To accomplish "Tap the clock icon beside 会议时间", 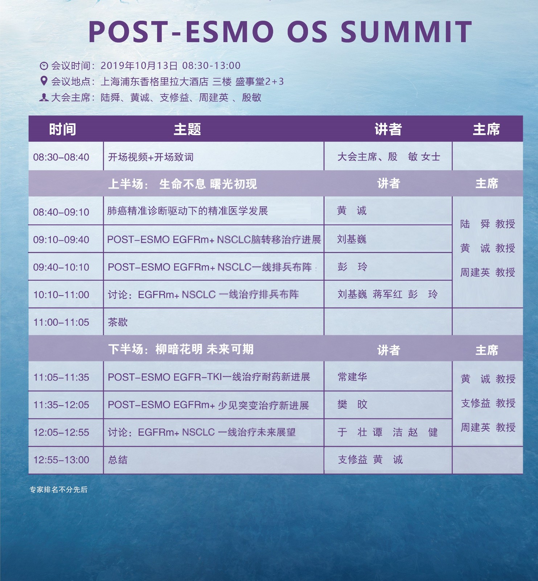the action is point(44,66).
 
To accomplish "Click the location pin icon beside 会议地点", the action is point(44,81).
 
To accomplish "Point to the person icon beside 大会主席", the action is point(44,97).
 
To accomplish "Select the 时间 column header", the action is point(62,129).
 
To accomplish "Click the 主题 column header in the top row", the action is point(187,129).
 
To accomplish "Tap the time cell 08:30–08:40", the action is point(61,157).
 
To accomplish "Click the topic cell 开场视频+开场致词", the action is point(151,157).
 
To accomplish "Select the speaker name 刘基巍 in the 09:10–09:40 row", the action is point(352,239).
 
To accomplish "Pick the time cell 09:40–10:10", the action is point(61,267).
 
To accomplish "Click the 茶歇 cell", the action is point(118,322).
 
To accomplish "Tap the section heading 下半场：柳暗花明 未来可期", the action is point(181,349).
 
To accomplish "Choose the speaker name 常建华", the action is point(352,377).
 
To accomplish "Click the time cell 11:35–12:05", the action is point(61,405).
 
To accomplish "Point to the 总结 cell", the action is point(118,460).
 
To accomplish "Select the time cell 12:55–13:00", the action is point(61,460).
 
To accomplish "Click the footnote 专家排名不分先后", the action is point(58,489).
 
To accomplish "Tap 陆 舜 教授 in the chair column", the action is point(488,224).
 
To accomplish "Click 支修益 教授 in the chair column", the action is point(488,403).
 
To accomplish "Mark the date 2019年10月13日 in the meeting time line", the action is point(139,66).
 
